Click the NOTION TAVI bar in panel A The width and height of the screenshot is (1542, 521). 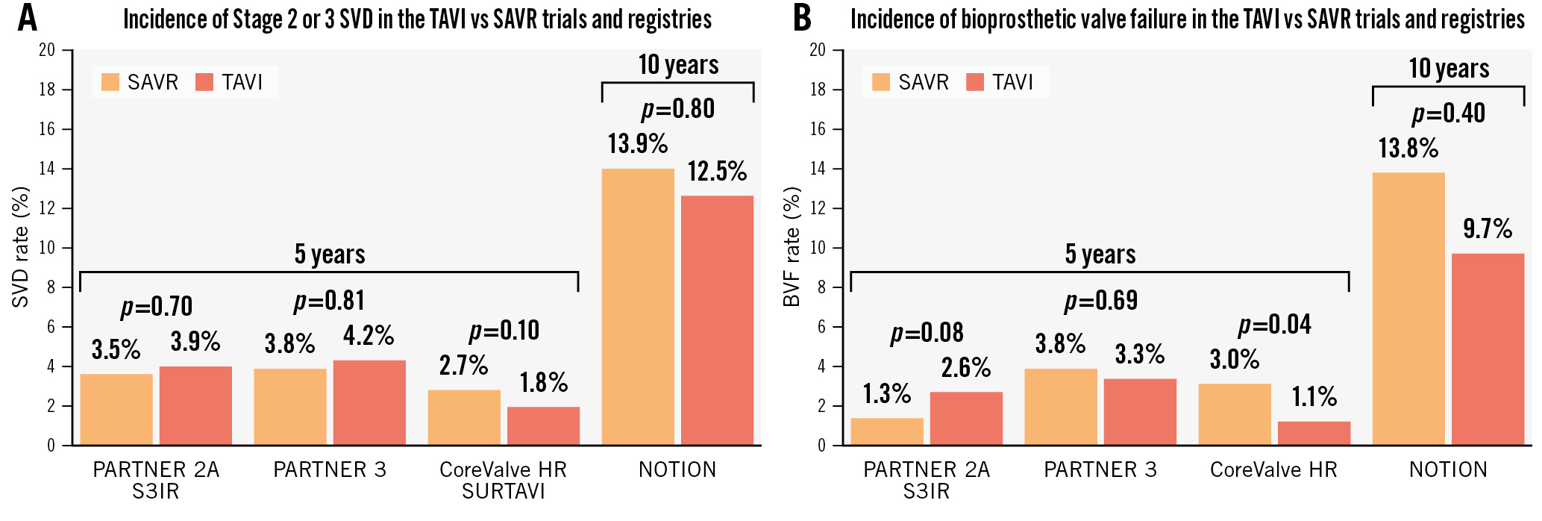(x=717, y=320)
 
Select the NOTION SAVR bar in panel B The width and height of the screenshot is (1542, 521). (x=1408, y=309)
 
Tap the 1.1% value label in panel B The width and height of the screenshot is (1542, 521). (x=1314, y=396)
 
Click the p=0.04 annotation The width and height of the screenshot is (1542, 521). (x=1274, y=325)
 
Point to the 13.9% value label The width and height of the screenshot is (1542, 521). (x=637, y=143)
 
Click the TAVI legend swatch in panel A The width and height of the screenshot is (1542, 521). (x=204, y=82)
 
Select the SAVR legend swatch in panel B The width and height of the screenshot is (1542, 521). (x=880, y=82)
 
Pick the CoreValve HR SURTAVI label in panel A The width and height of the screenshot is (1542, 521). (x=503, y=480)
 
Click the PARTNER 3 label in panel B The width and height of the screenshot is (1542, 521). (x=1100, y=469)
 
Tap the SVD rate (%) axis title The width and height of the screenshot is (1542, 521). (x=20, y=247)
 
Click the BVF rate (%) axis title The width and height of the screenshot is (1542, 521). (x=791, y=247)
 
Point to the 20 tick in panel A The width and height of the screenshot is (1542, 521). (x=47, y=50)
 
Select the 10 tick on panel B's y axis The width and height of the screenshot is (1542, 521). (x=818, y=248)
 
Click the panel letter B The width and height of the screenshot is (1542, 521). (x=802, y=18)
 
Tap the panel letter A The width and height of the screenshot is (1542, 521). (x=28, y=18)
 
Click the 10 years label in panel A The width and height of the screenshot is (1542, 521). (x=678, y=65)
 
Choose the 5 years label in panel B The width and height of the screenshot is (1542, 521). (x=1100, y=255)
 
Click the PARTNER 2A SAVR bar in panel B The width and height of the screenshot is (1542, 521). (x=887, y=431)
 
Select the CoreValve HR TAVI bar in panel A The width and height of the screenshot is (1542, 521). (x=543, y=425)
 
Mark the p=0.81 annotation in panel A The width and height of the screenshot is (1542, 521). (x=329, y=301)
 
